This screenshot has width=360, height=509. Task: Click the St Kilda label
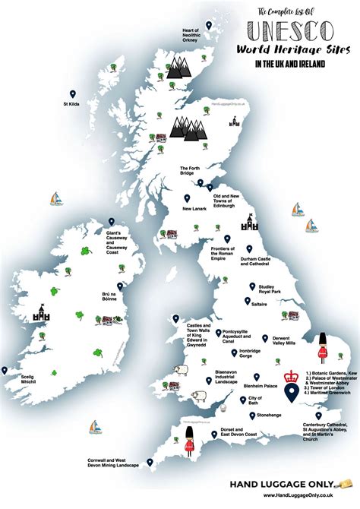(x=72, y=103)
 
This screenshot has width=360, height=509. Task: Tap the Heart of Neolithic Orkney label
(x=190, y=35)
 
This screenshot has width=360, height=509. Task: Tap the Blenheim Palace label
(x=277, y=384)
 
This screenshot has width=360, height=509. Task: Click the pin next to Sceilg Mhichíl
(x=6, y=370)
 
